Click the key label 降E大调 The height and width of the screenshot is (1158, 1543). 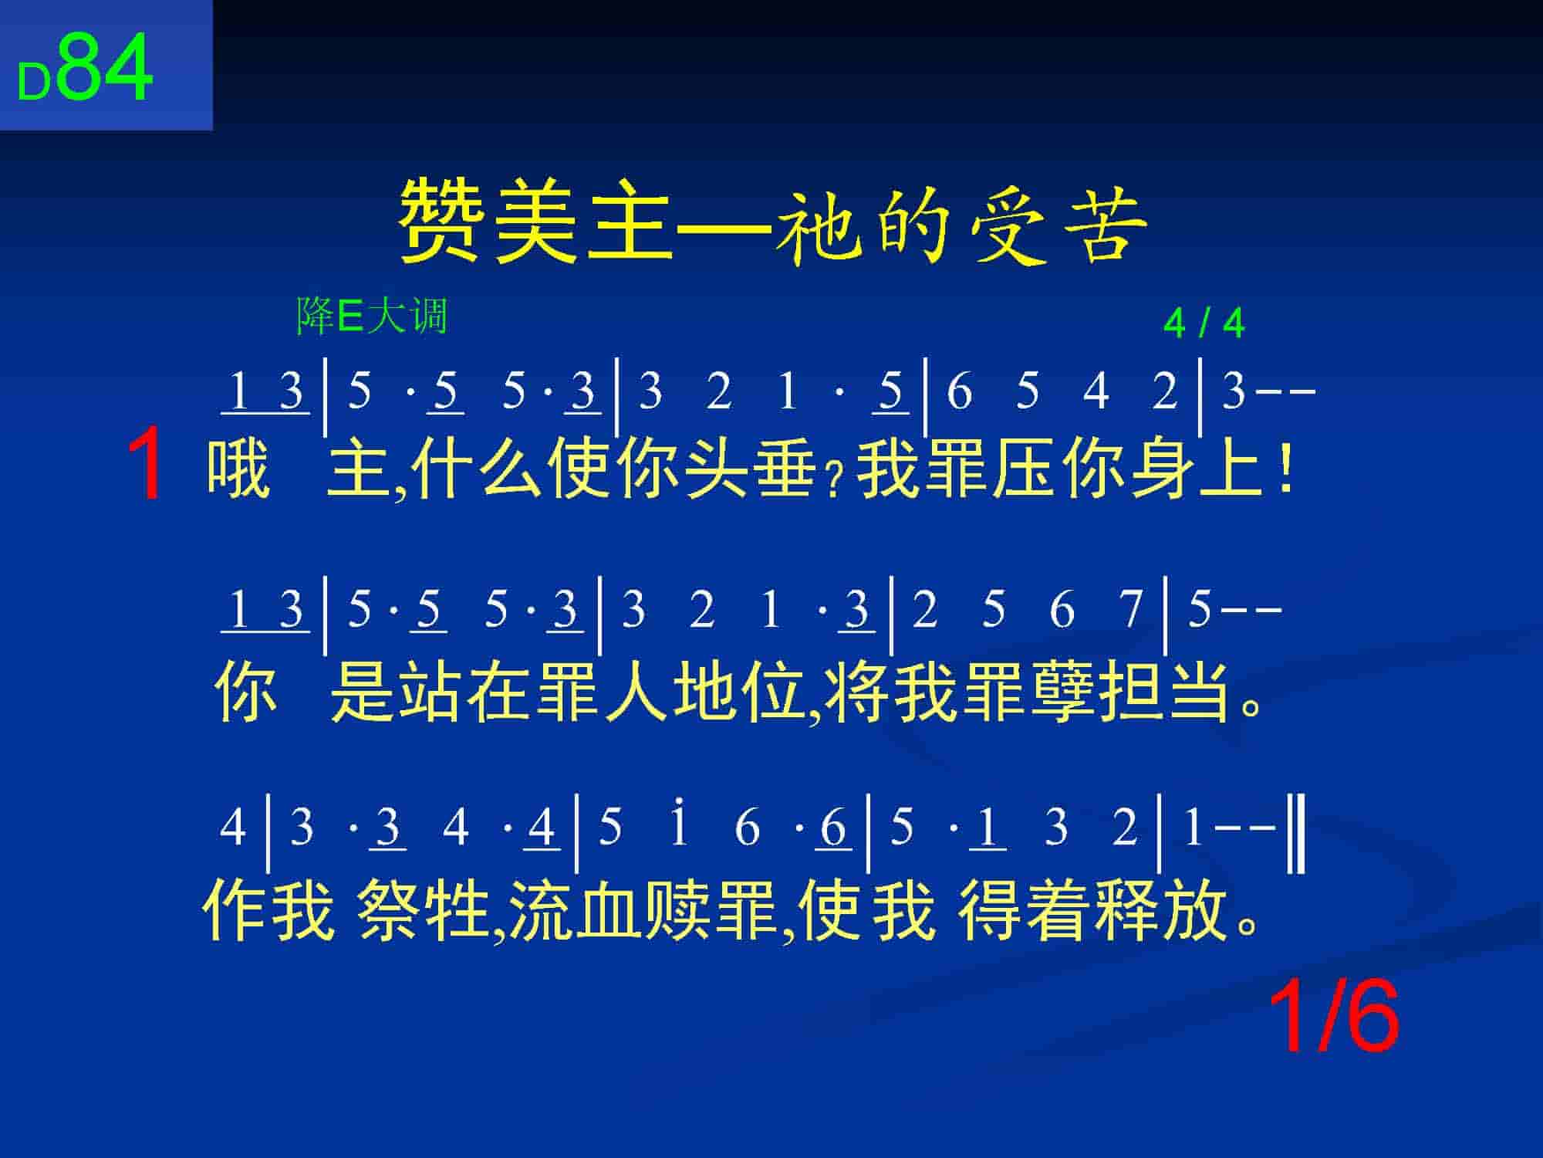coord(372,316)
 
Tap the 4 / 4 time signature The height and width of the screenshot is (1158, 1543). coord(1204,323)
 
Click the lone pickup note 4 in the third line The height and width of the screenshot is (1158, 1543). coord(233,827)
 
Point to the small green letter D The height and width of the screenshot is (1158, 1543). coord(34,83)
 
